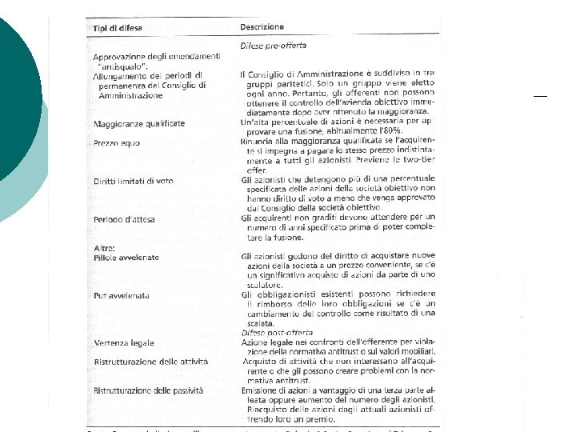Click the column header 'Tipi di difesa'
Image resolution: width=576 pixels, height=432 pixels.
point(117,29)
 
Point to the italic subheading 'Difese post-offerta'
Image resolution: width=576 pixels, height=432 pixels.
point(277,332)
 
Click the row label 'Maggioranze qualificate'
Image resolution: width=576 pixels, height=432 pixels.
point(138,124)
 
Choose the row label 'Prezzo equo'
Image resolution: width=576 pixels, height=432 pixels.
point(116,143)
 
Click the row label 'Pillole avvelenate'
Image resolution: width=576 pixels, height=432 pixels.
point(126,257)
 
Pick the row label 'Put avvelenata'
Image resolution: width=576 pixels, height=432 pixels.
point(121,294)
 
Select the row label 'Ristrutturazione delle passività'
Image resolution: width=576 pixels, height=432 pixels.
point(148,390)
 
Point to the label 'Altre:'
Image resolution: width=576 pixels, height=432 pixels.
point(105,248)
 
